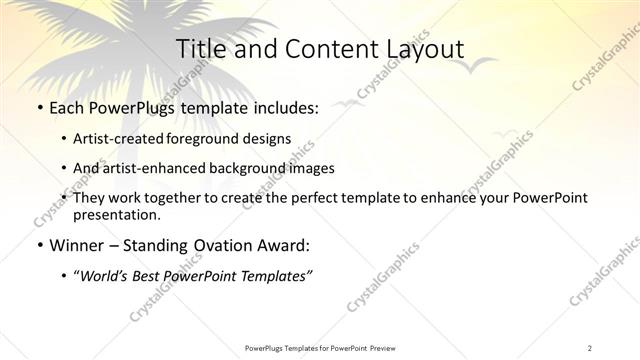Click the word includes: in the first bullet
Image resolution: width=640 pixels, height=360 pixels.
coord(282,108)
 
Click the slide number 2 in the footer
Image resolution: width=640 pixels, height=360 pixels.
coord(590,347)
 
